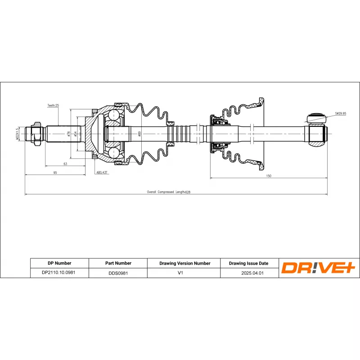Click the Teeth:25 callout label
point(53,105)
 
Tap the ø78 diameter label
point(68,134)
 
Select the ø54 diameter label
point(75,134)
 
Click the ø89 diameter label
point(140,134)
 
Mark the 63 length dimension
point(65,164)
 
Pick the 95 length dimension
point(55,172)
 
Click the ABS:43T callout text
point(102,172)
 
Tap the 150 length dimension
point(268,176)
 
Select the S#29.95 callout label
point(340,113)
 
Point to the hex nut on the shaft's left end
point(36,133)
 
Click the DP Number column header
point(59,263)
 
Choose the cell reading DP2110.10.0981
point(59,273)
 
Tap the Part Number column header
point(118,263)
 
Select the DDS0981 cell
point(118,273)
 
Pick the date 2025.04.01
point(248,273)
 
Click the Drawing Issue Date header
point(248,263)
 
